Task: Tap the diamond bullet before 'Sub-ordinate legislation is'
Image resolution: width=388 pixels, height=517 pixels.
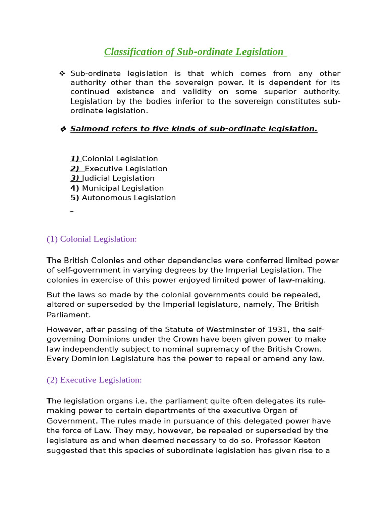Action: pos(62,74)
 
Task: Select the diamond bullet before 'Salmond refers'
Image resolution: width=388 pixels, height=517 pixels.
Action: pos(63,129)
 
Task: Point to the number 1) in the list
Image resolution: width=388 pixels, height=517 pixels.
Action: pos(75,159)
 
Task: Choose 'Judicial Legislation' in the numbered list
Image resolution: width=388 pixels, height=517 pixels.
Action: pos(118,178)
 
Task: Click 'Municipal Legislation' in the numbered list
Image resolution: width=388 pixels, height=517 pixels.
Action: pos(123,188)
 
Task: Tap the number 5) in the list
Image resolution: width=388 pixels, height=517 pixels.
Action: pos(75,198)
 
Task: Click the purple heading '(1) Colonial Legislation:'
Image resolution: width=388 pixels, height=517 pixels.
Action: pos(92,239)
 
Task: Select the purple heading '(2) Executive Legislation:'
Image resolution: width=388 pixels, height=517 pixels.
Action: pos(94,380)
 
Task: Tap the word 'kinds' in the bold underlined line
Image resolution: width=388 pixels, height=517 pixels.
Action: pos(165,129)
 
